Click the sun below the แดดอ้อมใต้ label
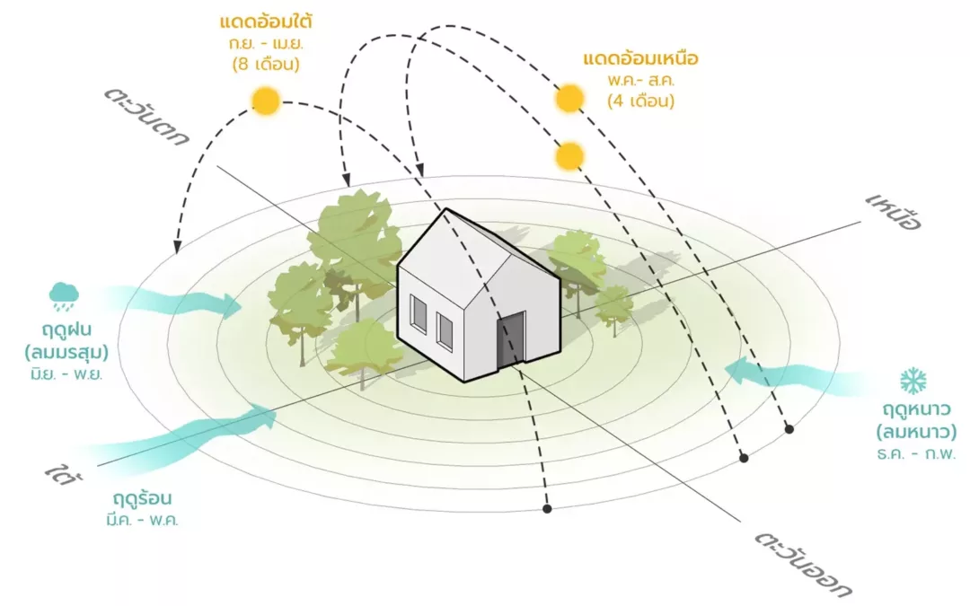(266, 100)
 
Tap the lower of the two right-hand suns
(569, 156)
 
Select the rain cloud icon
(64, 293)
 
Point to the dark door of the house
(510, 338)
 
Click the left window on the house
(419, 313)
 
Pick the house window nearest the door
(445, 329)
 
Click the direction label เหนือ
(894, 211)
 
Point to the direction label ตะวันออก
(803, 565)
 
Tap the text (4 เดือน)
(640, 101)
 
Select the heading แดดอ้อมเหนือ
(640, 60)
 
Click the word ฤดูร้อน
(143, 498)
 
